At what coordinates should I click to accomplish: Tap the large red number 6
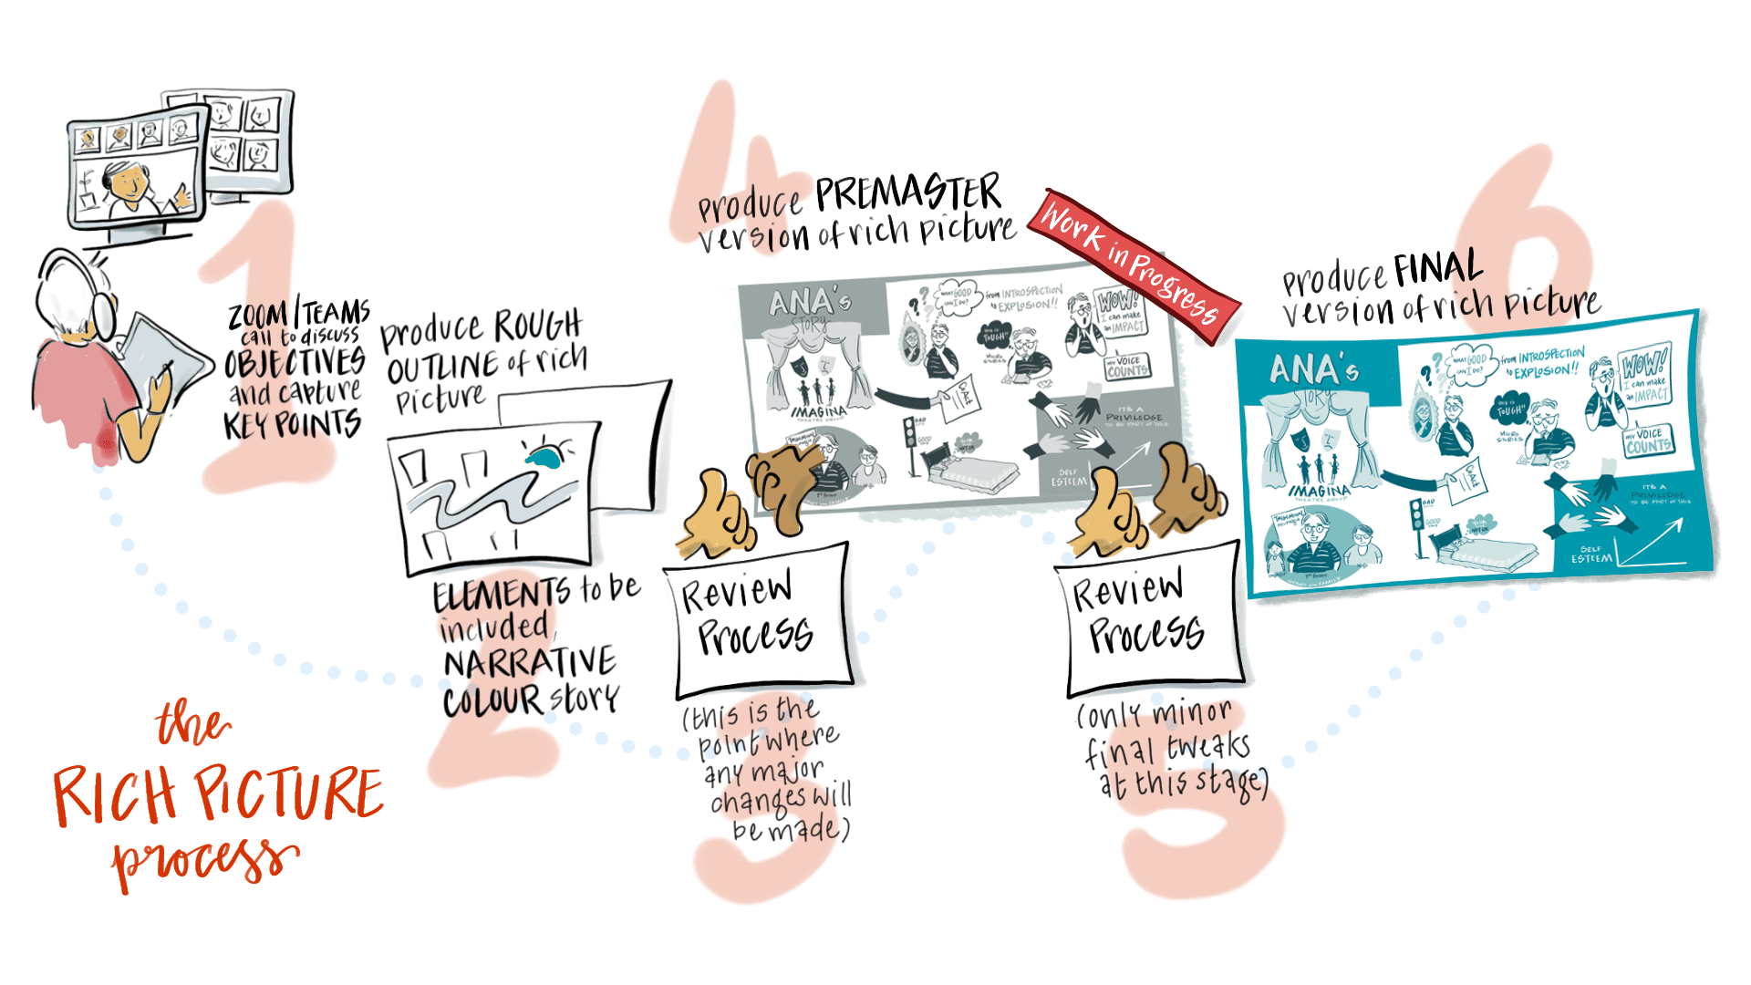click(1532, 228)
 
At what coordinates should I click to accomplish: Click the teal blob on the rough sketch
click(547, 457)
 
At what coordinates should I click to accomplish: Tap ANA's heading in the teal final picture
click(1313, 370)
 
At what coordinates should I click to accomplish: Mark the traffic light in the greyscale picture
click(908, 432)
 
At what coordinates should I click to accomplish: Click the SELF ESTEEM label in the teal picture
click(1591, 554)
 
